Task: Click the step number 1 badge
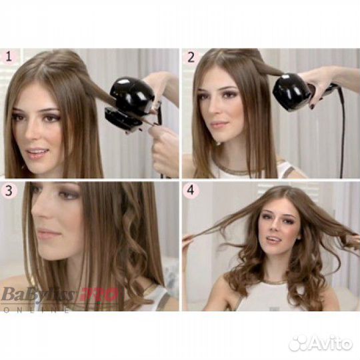10,57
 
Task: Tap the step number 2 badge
191,57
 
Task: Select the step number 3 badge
10,191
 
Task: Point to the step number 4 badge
191,191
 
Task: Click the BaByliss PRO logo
60,294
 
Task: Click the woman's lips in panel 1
38,153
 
